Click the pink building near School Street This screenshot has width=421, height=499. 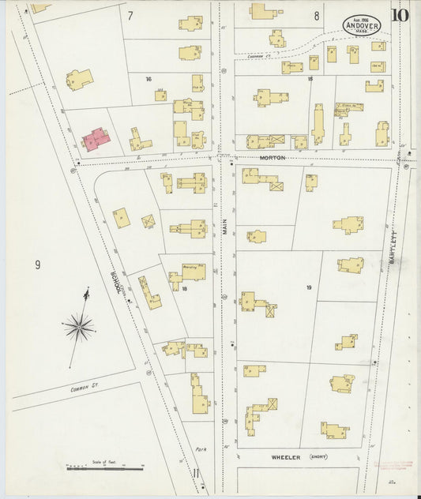96,139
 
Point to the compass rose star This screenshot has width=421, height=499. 79,325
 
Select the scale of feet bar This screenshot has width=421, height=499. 99,468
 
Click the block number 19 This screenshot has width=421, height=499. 310,287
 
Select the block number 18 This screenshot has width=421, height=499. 184,289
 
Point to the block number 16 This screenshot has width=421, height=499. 148,79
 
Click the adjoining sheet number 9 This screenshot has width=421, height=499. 36,265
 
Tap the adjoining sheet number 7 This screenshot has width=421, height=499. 130,15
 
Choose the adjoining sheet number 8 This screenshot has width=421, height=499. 316,15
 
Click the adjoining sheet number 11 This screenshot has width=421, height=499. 195,474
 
